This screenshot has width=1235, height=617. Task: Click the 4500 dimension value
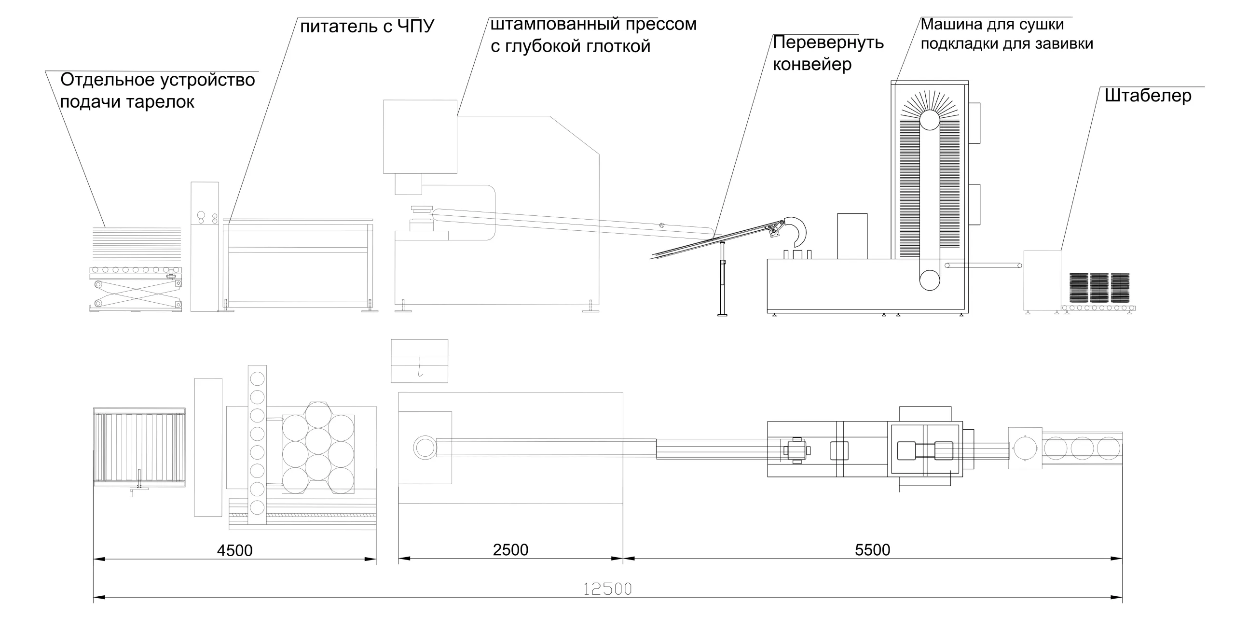234,550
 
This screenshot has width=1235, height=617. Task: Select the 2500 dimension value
510,550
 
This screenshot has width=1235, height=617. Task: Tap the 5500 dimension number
872,550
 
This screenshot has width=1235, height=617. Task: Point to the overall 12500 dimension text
607,589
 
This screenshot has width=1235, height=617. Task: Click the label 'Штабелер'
1148,96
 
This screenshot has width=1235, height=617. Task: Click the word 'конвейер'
812,64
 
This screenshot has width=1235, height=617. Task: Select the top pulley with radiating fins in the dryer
929,120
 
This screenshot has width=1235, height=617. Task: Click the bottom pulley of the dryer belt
929,280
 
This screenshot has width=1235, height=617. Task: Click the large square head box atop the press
420,136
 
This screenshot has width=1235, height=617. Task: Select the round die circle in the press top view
424,448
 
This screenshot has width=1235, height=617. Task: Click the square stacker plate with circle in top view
1025,448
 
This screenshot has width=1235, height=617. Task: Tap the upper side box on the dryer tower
974,123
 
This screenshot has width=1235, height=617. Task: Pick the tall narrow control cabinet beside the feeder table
205,246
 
